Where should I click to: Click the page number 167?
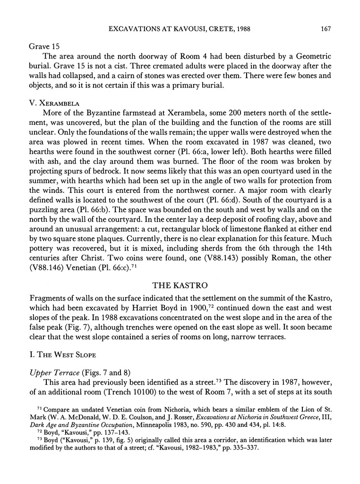(x=324, y=29)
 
